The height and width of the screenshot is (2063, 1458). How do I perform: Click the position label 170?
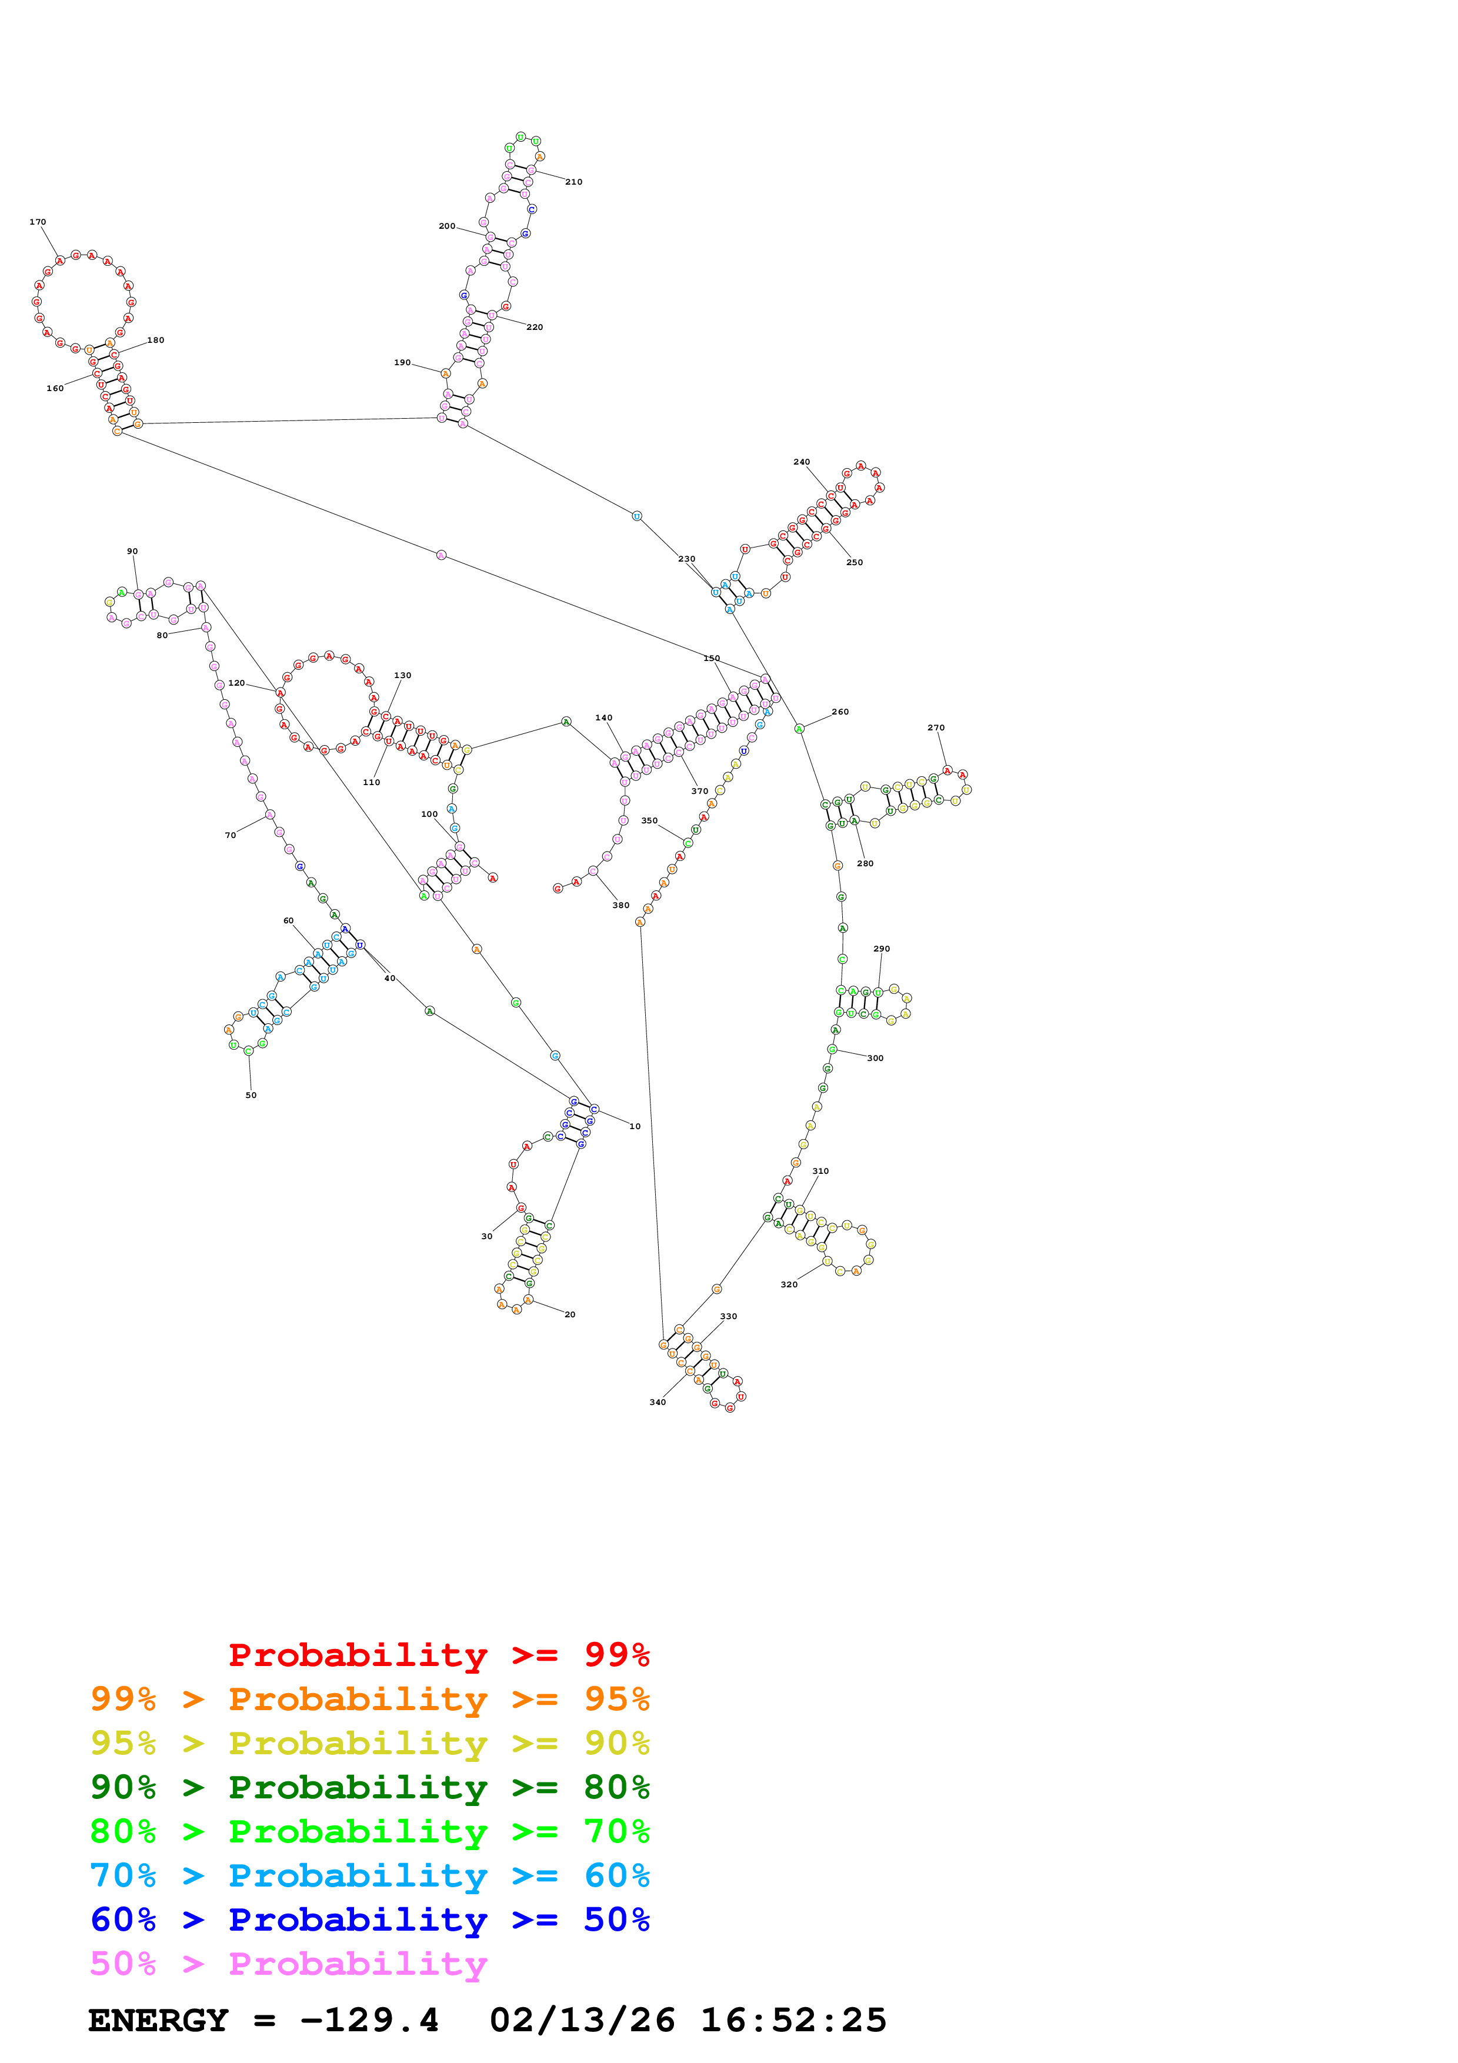coord(38,222)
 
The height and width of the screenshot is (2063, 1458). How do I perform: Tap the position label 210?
coord(573,182)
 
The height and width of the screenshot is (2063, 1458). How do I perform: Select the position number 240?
coord(801,462)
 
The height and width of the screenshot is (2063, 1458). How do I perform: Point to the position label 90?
coord(132,552)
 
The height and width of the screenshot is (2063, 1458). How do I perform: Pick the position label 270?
coord(936,728)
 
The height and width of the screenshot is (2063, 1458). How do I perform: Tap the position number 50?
coord(251,1095)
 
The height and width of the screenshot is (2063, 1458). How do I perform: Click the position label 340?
coord(658,1401)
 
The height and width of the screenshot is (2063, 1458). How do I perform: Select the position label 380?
coord(620,906)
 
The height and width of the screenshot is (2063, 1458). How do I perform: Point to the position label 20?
coord(569,1314)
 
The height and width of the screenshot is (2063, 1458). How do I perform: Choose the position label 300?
coord(875,1059)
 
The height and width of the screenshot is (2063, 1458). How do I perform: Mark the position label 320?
coord(789,1285)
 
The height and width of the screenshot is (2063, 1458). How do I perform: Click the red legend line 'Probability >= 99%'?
coord(438,1655)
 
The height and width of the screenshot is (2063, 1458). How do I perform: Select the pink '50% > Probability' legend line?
coord(288,1964)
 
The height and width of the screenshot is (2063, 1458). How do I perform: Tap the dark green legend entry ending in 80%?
coord(369,1788)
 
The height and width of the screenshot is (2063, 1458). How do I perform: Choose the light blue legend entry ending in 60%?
coord(369,1876)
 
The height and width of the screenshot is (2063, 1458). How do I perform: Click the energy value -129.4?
coord(369,2021)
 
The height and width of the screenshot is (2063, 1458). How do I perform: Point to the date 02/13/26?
coord(582,2021)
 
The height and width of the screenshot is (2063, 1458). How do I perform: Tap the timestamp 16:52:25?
coord(793,2021)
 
